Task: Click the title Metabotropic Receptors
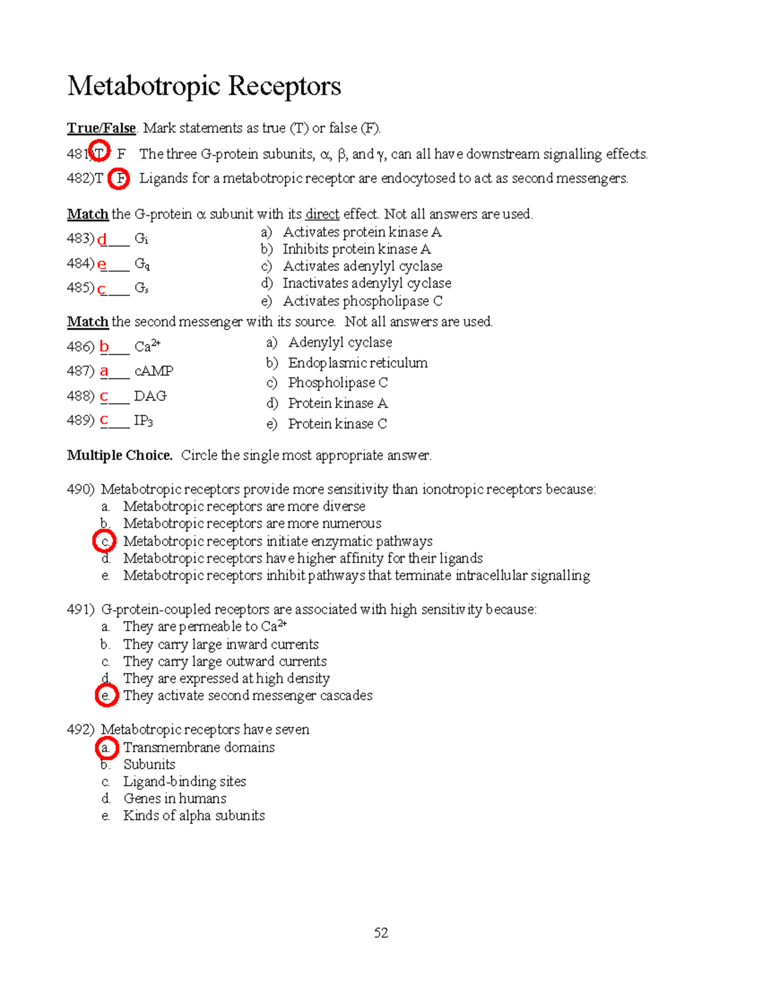pos(204,86)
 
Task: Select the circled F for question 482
pos(119,179)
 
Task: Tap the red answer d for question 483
pos(102,240)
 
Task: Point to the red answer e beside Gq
pos(102,264)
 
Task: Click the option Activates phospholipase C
pos(362,301)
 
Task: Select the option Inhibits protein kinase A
pos(356,249)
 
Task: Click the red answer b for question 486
pos(104,347)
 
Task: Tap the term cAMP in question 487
pos(154,371)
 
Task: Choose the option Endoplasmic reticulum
pos(358,363)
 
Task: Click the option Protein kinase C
pos(337,423)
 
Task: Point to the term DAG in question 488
pos(150,396)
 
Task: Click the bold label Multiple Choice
pos(119,455)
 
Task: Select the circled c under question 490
pos(105,542)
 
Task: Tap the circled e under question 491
pos(106,696)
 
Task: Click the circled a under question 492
pos(106,748)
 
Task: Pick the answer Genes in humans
pos(175,799)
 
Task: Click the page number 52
pos(381,933)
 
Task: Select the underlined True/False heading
pos(102,128)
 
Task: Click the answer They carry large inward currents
pos(220,644)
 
